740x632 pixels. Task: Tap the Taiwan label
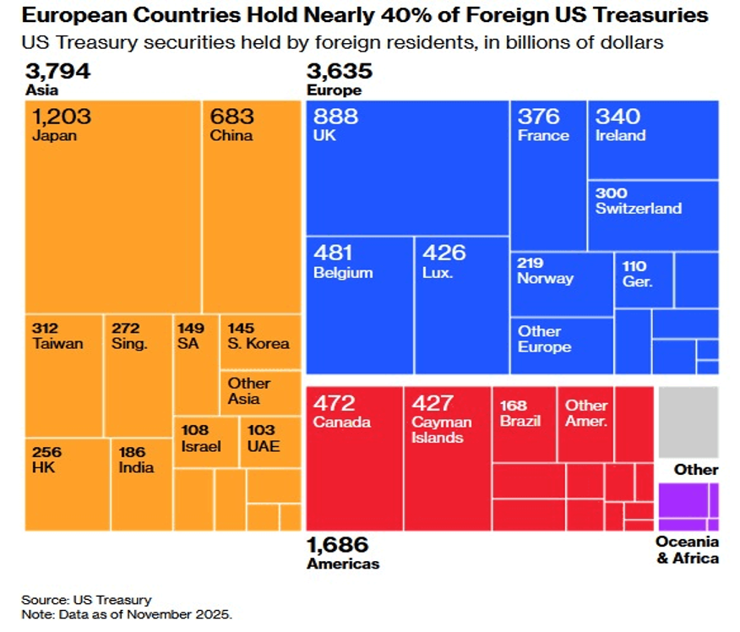[58, 343]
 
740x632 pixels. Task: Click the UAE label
[263, 446]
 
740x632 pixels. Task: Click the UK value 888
[335, 117]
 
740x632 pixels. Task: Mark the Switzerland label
[638, 209]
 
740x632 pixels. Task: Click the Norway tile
[561, 284]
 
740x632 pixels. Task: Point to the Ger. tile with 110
[643, 279]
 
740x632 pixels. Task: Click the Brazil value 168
[514, 403]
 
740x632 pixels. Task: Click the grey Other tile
[688, 422]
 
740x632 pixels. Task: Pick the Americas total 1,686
[338, 545]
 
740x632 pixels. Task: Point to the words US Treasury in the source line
[112, 600]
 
